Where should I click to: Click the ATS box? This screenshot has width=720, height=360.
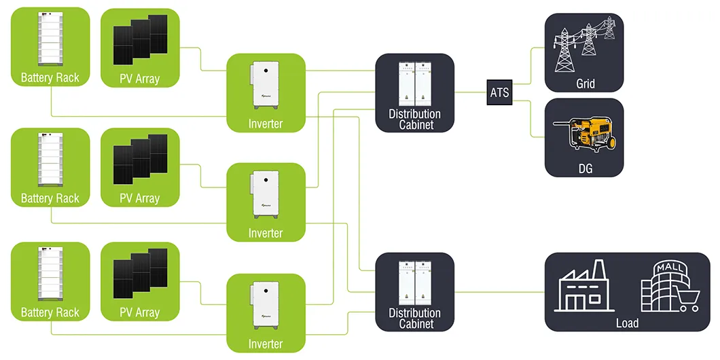pyautogui.click(x=499, y=92)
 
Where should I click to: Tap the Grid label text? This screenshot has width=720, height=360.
pyautogui.click(x=585, y=84)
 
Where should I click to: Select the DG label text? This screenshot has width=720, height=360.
pyautogui.click(x=584, y=168)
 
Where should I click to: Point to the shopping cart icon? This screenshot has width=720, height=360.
pyautogui.click(x=687, y=298)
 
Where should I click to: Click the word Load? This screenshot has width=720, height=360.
pyautogui.click(x=627, y=323)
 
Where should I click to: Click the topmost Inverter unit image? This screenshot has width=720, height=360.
pyautogui.click(x=265, y=85)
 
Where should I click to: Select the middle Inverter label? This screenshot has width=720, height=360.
pyautogui.click(x=265, y=233)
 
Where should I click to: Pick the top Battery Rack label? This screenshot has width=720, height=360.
pyautogui.click(x=50, y=77)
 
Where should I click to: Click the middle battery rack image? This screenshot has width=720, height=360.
pyautogui.click(x=50, y=160)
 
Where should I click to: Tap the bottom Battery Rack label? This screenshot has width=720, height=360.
pyautogui.click(x=50, y=312)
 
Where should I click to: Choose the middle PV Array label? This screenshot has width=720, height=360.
pyautogui.click(x=139, y=198)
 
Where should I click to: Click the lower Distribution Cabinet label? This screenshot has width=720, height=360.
pyautogui.click(x=414, y=319)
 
